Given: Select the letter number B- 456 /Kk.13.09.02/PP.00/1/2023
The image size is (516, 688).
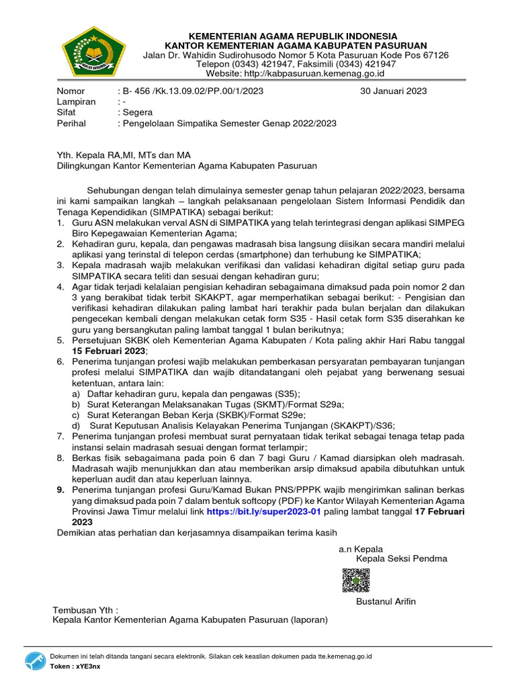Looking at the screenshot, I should tap(190, 91).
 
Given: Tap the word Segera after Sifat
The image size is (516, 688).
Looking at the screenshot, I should tap(136, 112).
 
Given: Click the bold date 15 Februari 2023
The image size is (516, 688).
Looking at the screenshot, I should tap(109, 351).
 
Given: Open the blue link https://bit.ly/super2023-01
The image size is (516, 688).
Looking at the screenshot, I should tap(264, 511).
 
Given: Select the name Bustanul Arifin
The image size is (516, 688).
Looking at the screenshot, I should tap(386, 601).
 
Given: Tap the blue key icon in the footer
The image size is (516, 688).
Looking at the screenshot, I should tap(36, 660).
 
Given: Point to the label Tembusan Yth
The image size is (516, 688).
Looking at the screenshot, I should tap(85, 609).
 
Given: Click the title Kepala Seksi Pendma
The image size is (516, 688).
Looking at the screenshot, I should tap(401, 558).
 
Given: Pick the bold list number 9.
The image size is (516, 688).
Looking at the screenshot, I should tap(60, 490).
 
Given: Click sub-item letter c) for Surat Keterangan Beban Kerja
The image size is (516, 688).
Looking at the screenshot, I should tap(77, 415).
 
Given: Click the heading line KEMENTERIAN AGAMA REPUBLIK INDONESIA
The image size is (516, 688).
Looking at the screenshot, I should tap(292, 35).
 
